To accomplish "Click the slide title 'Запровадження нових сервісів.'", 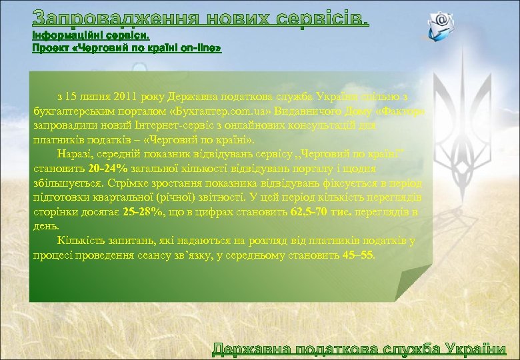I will tap(200, 17).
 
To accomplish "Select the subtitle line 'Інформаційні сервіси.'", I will tap(91, 35).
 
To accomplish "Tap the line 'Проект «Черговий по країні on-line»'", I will tap(127, 49).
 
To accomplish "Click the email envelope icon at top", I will tap(441, 25).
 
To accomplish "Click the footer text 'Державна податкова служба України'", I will tap(359, 349).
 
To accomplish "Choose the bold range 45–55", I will tap(360, 255).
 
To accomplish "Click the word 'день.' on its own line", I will tap(44, 226).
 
